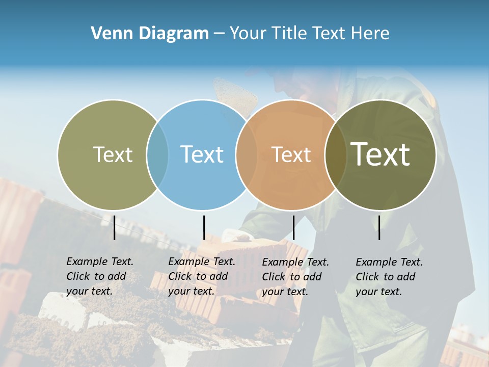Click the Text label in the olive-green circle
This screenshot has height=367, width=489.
pos(113,154)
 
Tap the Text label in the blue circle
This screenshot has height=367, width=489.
pos(202,154)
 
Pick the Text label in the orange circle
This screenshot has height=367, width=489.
pos(291,154)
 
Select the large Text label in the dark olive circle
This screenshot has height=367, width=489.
pos(381,154)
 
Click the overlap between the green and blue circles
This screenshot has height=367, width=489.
pos(157,155)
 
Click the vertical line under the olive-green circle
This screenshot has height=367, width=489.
pos(115,227)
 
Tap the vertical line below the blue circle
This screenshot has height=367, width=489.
pos(204,227)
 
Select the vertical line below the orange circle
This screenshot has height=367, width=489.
pos(293,227)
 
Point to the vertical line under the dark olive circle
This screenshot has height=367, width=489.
pos(379,227)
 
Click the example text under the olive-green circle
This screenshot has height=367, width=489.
pos(99,276)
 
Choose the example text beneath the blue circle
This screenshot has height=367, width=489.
pos(201,276)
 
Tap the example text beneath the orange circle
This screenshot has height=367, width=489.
pos(295,277)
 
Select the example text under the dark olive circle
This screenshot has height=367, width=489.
pos(389,277)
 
